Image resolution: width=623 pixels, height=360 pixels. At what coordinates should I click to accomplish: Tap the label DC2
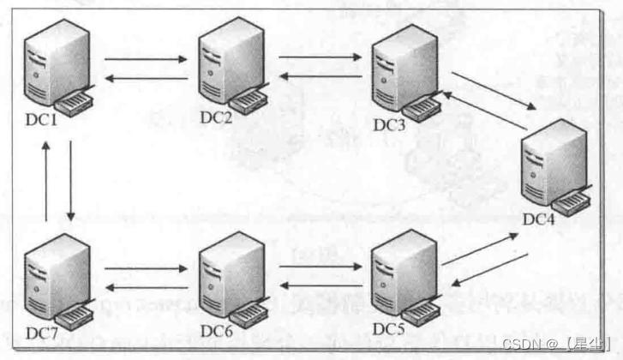[x=216, y=117]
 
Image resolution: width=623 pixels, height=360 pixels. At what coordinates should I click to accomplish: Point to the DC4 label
[x=541, y=219]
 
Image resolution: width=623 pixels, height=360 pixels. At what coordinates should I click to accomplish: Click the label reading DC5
[x=390, y=328]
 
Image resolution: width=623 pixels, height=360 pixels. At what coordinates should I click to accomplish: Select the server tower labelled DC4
[x=554, y=163]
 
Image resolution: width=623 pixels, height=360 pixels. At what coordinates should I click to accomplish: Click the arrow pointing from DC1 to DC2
[x=143, y=60]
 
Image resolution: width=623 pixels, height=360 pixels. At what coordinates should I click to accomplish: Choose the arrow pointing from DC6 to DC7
[x=143, y=288]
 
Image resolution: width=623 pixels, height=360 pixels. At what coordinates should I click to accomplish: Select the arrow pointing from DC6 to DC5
[x=320, y=267]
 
